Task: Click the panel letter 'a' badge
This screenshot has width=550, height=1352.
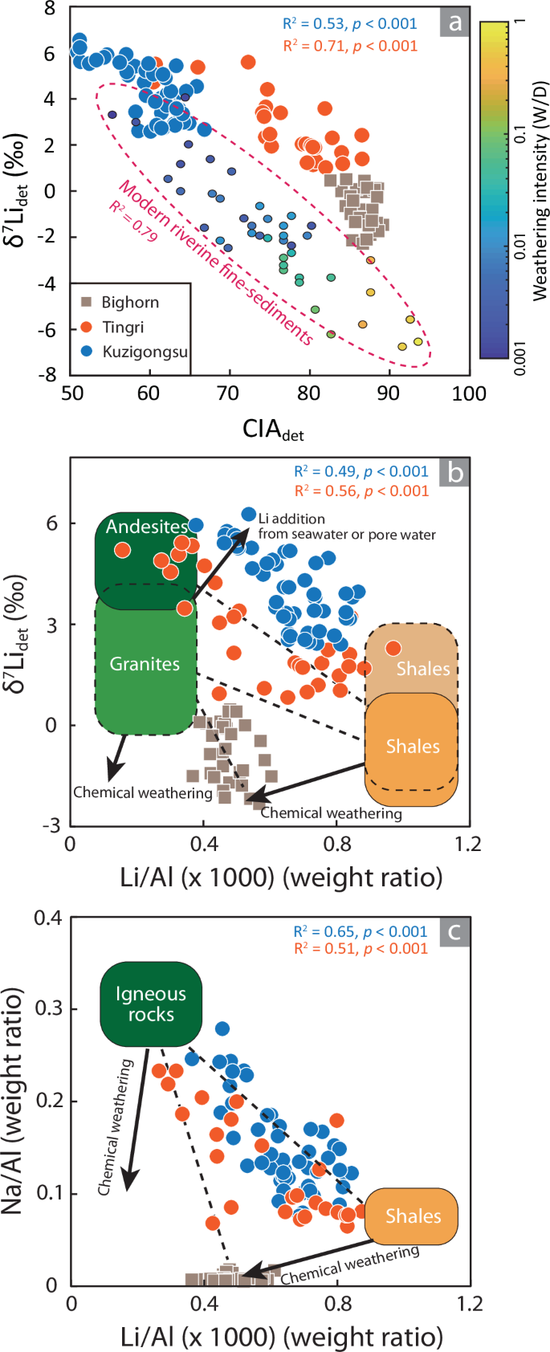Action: [455, 22]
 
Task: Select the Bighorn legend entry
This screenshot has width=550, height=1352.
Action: [129, 303]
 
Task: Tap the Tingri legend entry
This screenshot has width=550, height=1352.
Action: [122, 327]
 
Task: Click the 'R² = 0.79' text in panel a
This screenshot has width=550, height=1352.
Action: [133, 222]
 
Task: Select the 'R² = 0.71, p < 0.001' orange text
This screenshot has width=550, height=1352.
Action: [350, 46]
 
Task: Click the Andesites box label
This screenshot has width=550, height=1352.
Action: [147, 527]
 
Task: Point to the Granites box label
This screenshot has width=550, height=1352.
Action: [145, 664]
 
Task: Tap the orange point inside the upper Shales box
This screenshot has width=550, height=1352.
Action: [393, 648]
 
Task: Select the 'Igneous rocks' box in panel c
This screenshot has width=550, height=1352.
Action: [150, 1004]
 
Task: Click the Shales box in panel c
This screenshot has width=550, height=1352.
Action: [412, 1216]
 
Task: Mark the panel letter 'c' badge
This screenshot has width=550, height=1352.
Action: [454, 931]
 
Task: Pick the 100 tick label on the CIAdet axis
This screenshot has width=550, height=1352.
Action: [469, 393]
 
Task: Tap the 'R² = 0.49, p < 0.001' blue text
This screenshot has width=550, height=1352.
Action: [361, 471]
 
